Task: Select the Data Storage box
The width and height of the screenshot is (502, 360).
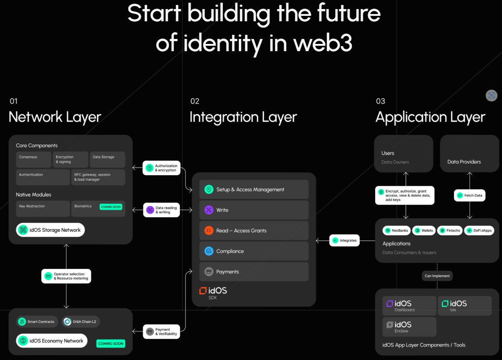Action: pos(107,159)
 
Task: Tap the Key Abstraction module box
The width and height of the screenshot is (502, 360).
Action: pos(43,208)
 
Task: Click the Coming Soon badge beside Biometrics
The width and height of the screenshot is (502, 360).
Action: pos(111,207)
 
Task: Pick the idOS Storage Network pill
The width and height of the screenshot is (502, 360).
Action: pos(50,230)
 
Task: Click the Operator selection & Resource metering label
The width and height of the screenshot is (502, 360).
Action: pos(66,276)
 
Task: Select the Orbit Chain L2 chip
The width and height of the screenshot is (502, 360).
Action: pos(81,322)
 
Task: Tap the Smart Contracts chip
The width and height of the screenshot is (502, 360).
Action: pos(37,322)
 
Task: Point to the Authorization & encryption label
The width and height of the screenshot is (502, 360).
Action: pos(161,168)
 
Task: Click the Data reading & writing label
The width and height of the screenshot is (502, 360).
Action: pos(161,210)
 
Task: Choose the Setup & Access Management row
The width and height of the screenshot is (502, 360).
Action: pos(254,189)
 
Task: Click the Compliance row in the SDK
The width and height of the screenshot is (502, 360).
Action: pos(254,251)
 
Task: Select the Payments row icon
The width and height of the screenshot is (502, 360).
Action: pos(209,272)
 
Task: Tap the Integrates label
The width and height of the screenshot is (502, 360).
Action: pos(344,240)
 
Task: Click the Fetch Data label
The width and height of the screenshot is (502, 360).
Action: pos(470,196)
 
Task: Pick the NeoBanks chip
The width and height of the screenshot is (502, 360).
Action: pos(396,230)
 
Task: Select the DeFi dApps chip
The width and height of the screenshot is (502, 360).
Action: pos(479,230)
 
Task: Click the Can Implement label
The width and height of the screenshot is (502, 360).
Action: pos(437,276)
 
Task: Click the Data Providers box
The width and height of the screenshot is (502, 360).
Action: pos(469,154)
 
